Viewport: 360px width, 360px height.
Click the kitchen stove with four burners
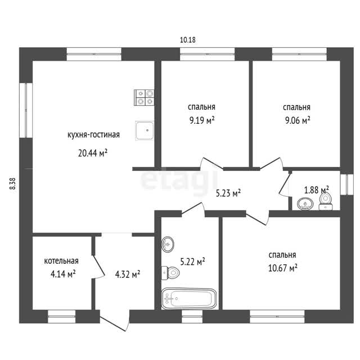coord(144,97)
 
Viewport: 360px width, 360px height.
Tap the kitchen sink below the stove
coord(144,130)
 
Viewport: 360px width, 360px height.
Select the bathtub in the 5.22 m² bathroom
coord(189,299)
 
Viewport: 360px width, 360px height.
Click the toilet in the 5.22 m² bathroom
coord(170,273)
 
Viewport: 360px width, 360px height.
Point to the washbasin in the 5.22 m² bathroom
coord(168,245)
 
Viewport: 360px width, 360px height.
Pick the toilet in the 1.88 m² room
coord(325,201)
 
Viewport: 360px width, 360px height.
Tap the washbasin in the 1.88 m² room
coord(305,204)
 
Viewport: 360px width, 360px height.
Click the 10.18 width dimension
coord(187,40)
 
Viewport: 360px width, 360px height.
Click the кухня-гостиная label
coord(94,135)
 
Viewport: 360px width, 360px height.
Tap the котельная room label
coord(61,261)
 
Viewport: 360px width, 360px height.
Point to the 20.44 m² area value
coord(93,153)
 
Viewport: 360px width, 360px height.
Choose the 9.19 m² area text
coord(202,120)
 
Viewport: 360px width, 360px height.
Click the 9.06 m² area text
coord(298,120)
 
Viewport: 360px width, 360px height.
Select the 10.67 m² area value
coord(283,268)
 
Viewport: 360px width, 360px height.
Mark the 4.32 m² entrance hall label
coord(128,274)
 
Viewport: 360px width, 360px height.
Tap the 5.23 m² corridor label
coord(228,193)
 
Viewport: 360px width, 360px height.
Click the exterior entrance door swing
coord(115,320)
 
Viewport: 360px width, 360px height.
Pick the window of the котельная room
coord(62,316)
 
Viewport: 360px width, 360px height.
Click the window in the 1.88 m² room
coord(346,184)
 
